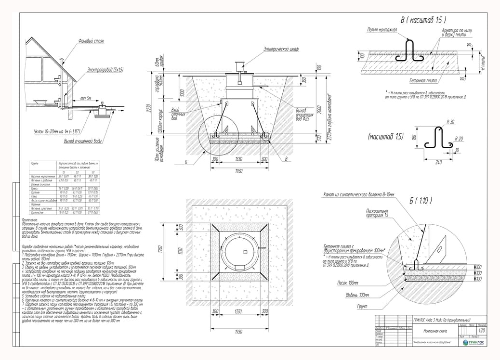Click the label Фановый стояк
tap(92, 41)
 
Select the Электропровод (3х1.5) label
tap(105, 70)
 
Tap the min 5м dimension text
tap(87, 98)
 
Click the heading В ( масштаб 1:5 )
tap(423, 20)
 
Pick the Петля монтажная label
tap(382, 29)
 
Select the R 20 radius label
tap(460, 138)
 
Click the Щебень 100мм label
tap(357, 294)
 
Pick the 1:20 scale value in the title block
tap(482, 331)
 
